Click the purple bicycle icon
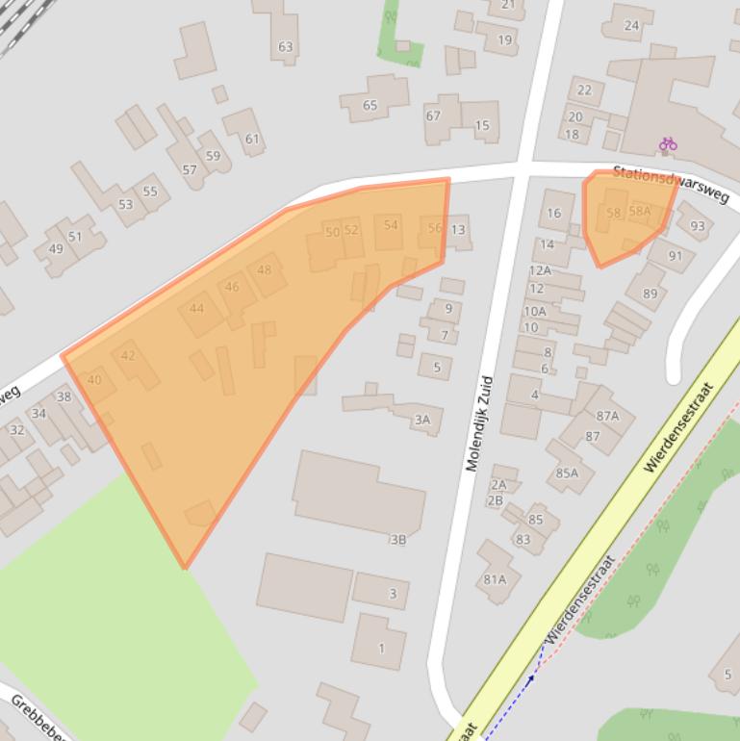(x=668, y=144)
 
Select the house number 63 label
(x=285, y=46)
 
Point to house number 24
(x=631, y=25)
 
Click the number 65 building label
(x=370, y=105)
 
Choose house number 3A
(x=421, y=419)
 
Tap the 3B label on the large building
(x=397, y=540)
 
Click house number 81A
(x=495, y=579)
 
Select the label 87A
(x=607, y=416)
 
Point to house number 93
(x=697, y=227)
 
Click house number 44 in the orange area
(x=196, y=308)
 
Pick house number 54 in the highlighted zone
(x=390, y=225)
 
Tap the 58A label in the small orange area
(x=640, y=212)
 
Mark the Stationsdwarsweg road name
(x=671, y=180)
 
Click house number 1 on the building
(x=381, y=648)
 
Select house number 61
(x=251, y=139)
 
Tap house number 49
(x=55, y=249)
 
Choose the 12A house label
(x=540, y=270)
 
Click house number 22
(x=584, y=90)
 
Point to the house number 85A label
(x=567, y=473)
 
